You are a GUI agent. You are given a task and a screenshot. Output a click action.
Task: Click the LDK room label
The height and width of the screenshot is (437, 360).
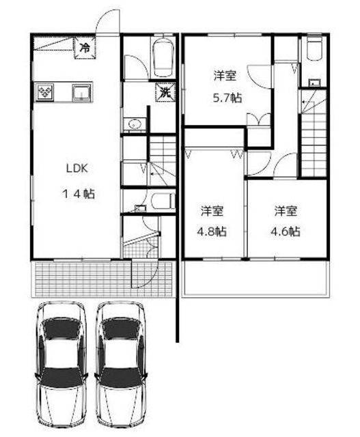(77, 169)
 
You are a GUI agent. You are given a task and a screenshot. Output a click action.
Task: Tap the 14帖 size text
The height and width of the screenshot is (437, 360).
(79, 194)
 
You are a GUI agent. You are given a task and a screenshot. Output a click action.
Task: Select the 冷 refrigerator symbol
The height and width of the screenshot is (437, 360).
(85, 48)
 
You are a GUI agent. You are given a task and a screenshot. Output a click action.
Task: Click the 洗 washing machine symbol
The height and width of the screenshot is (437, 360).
(165, 92)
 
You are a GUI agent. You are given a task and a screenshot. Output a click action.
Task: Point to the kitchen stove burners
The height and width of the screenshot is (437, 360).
(44, 91)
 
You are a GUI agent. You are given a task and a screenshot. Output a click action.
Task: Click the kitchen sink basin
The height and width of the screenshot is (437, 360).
(81, 92)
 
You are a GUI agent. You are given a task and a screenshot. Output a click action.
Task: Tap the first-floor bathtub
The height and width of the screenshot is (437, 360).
(163, 57)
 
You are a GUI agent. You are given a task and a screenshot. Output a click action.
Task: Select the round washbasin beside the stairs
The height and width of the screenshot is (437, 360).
(135, 124)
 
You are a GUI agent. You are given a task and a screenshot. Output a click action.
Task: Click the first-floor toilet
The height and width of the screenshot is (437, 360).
(163, 201)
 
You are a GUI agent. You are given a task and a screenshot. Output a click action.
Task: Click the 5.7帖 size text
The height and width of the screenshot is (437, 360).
(227, 98)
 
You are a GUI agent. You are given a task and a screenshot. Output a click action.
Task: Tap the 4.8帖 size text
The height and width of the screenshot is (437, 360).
(212, 231)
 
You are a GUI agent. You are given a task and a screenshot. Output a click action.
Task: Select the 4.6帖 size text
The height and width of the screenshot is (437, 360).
(286, 231)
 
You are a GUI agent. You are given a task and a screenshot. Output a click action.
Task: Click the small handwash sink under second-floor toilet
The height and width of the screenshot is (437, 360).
(314, 83)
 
